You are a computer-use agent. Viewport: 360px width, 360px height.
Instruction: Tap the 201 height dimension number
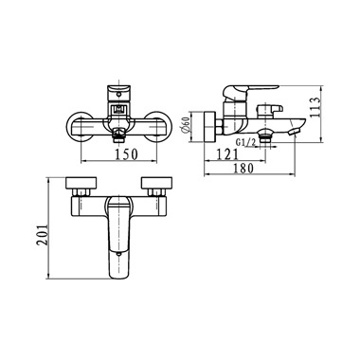42,234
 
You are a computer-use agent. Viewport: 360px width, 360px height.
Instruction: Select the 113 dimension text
315,107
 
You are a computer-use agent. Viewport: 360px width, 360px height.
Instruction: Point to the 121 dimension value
227,154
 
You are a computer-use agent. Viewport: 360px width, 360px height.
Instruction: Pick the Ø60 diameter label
186,126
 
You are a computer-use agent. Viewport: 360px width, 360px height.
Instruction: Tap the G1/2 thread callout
246,142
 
